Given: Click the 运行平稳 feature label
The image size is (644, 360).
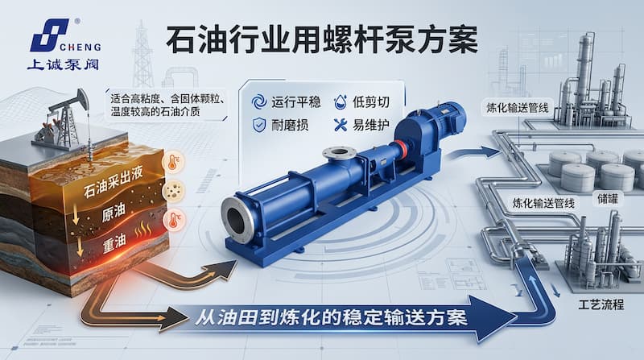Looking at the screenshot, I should tap(295, 101).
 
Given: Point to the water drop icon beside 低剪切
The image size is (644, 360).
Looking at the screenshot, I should tap(339, 101).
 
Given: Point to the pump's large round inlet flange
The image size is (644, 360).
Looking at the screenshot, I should tap(239, 220).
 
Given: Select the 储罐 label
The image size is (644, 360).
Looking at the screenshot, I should tap(609, 195).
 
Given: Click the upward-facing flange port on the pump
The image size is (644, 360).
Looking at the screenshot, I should tap(336, 152).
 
